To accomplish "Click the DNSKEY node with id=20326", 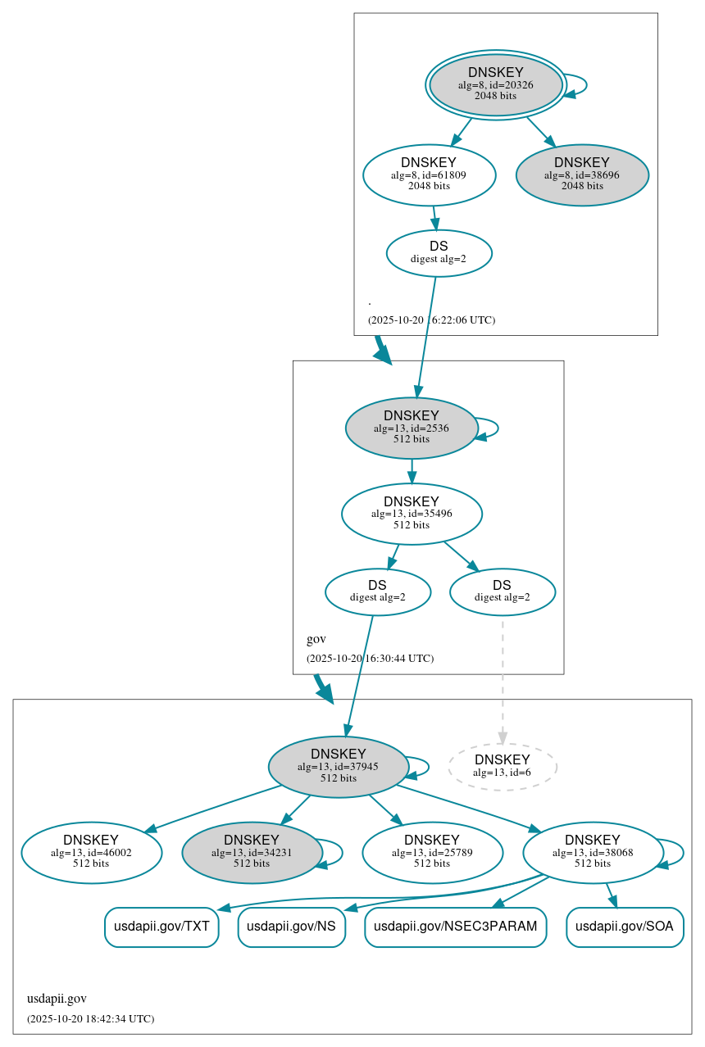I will point(495,85).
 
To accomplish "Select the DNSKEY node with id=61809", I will point(429,174).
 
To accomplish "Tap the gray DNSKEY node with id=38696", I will point(582,174).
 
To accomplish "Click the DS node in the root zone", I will point(439,253).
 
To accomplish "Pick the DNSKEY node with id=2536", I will point(412,428).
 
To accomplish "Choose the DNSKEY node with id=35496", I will point(412,514).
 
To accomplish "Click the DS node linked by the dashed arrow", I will point(502,591).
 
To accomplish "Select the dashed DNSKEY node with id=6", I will point(502,767).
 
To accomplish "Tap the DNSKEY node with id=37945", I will point(338,767).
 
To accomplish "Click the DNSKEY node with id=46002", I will point(91,853).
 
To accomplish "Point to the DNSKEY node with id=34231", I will point(252,853).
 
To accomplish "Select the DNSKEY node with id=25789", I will point(432,853).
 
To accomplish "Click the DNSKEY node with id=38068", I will point(593,853).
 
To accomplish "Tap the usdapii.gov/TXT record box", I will point(161,927).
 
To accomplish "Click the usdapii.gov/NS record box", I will point(291,927).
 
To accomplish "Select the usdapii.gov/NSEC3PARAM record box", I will point(455,927).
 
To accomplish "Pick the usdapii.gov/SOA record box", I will point(625,927).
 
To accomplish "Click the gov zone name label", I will point(316,639).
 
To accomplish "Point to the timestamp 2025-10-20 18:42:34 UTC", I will point(90,1018).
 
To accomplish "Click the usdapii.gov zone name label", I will point(57,999).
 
